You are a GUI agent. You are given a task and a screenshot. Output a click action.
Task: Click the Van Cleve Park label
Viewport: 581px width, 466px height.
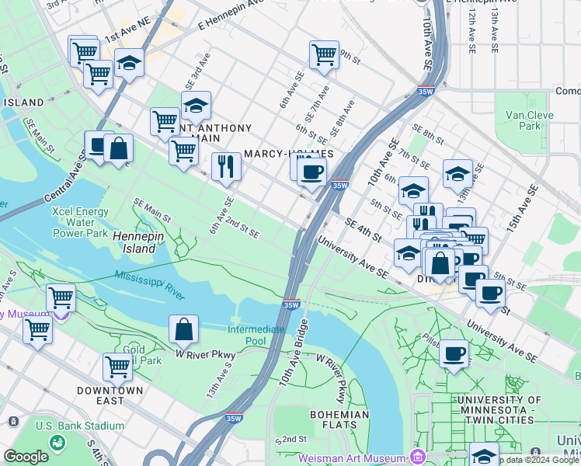tap(523, 120)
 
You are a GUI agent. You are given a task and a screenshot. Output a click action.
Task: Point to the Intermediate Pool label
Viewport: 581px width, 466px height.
tap(256, 335)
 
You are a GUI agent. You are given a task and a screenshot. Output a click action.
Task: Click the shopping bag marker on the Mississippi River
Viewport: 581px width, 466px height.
tap(183, 329)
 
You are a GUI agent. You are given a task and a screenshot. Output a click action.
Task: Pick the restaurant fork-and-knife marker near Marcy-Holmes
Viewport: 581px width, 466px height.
tap(226, 166)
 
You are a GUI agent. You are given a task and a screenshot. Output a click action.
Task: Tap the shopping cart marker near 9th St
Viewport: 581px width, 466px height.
tap(324, 54)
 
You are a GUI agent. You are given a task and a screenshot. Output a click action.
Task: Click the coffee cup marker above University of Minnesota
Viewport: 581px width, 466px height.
tap(454, 353)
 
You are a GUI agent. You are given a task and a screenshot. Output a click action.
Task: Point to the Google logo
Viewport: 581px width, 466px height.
tap(26, 457)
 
